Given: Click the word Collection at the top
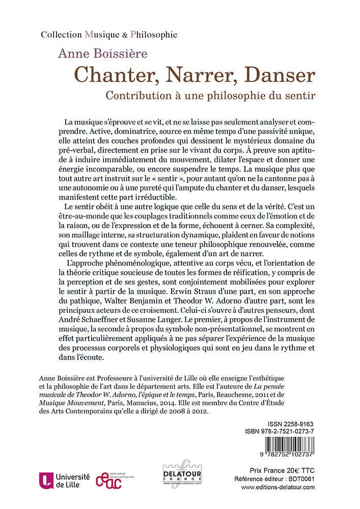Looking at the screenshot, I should pyautogui.click(x=61, y=35).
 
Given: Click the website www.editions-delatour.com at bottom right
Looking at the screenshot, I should pyautogui.click(x=278, y=487).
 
